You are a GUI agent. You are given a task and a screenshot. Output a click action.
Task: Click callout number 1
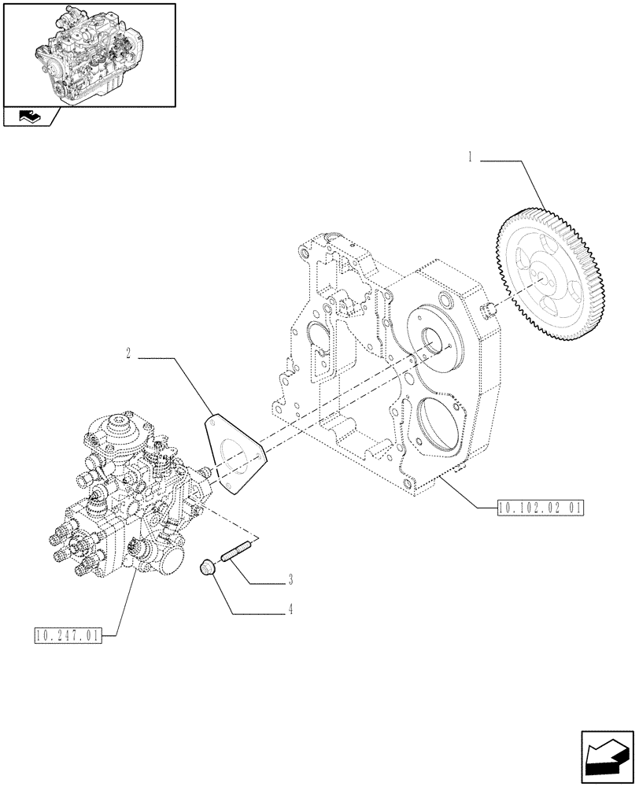click(x=470, y=157)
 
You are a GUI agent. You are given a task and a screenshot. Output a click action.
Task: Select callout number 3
click(x=290, y=581)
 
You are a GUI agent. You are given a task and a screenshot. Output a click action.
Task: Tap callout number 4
click(x=290, y=608)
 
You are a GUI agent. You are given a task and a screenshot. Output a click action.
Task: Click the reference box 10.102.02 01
click(x=539, y=508)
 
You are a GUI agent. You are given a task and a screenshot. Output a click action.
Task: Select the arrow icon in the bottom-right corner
click(x=605, y=756)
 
